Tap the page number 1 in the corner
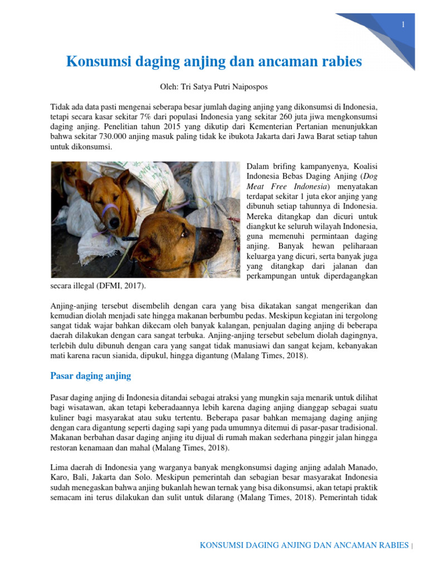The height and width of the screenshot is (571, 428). pos(402,24)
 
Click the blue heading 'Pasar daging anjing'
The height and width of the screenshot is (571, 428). pos(91,376)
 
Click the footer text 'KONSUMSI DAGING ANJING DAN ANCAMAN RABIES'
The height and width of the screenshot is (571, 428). pos(304,545)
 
